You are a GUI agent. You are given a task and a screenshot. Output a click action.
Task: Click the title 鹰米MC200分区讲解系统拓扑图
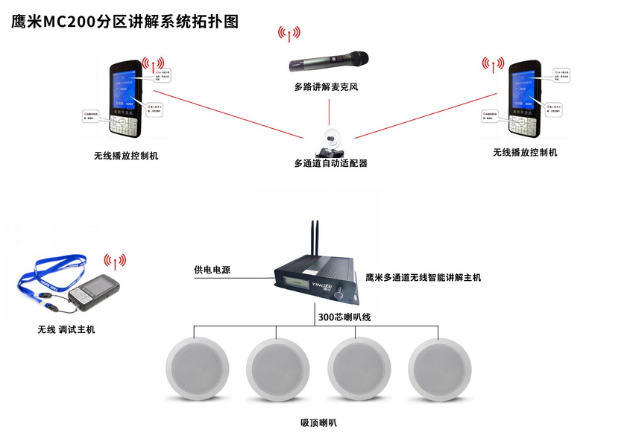click(x=125, y=22)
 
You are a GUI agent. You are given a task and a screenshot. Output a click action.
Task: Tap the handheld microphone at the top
click(x=329, y=60)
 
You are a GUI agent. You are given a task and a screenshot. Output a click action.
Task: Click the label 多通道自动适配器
click(x=330, y=163)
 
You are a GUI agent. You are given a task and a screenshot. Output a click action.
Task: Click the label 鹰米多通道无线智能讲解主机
click(x=423, y=277)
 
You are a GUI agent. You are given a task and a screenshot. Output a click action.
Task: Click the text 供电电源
click(x=212, y=270)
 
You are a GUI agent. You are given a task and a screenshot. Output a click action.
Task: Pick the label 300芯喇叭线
click(x=344, y=317)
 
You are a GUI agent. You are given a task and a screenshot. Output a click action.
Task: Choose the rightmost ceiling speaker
click(x=439, y=370)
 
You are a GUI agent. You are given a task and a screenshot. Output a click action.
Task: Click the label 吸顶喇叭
click(x=319, y=422)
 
